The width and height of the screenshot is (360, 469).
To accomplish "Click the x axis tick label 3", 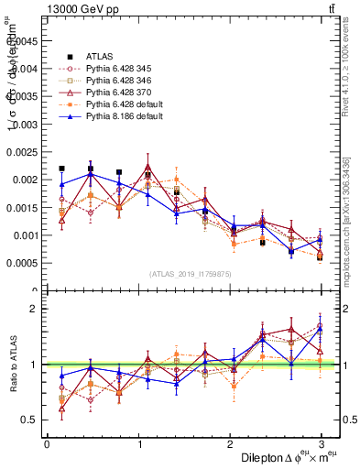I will click(x=321, y=444).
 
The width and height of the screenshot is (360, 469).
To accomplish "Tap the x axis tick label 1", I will click(x=138, y=444).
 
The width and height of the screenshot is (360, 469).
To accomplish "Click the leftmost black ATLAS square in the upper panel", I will click(x=61, y=169).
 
